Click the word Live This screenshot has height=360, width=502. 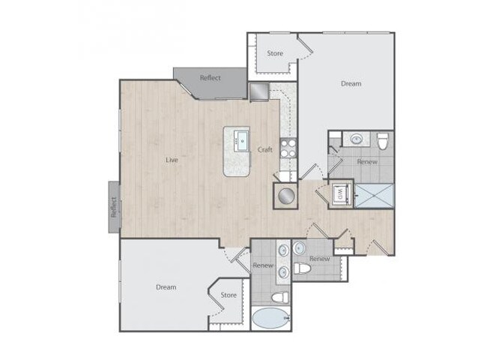[x=172, y=159]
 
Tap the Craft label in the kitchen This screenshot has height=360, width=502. [x=265, y=149]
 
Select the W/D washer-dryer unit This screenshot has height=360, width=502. [x=339, y=194]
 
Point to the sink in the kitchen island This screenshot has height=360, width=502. [x=241, y=139]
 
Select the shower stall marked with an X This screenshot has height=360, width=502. [x=372, y=195]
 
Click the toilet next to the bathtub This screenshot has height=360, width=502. [x=279, y=298]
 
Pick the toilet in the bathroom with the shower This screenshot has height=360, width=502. [x=383, y=140]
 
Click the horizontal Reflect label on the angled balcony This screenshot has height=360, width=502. [x=210, y=77]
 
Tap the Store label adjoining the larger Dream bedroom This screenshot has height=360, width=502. [x=274, y=53]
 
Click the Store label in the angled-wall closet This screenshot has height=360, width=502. [x=229, y=295]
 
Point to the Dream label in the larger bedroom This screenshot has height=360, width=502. [x=351, y=83]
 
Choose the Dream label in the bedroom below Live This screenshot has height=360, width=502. [x=166, y=286]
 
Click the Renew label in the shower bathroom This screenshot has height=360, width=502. [x=367, y=161]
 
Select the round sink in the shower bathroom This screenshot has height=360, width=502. [x=357, y=139]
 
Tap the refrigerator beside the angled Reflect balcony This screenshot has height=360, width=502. [x=259, y=91]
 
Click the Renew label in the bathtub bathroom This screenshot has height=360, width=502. [x=262, y=265]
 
